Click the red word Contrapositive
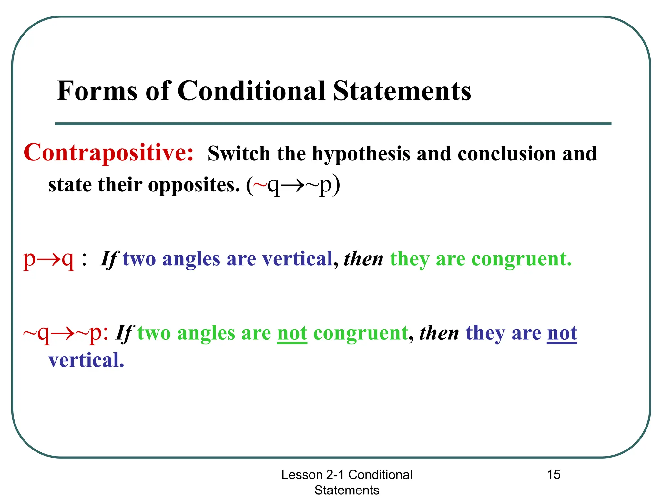[x=108, y=153]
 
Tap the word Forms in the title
[x=97, y=91]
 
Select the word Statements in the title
[x=402, y=91]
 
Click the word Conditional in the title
[x=251, y=91]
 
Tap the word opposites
[x=194, y=185]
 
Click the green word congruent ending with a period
[x=522, y=259]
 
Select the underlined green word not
[x=292, y=333]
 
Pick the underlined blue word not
[x=562, y=333]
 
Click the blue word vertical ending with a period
[x=86, y=360]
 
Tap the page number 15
[x=554, y=475]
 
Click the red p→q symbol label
[x=48, y=259]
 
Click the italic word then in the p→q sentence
[x=363, y=259]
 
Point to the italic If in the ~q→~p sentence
[x=125, y=333]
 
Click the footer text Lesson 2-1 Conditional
[x=347, y=475]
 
